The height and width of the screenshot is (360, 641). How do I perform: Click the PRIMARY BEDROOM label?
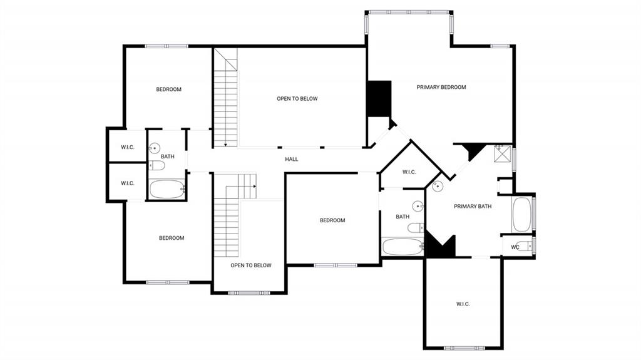point(441,87)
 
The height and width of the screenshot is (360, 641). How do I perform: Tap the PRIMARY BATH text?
point(473,206)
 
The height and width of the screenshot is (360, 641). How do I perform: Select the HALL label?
point(292,159)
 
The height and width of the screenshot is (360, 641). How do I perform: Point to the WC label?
point(515,247)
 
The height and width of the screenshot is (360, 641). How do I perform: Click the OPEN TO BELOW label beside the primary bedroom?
point(297,98)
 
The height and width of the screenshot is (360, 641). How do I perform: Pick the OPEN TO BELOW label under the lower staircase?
point(251,265)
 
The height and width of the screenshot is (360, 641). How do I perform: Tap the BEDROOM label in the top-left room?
point(168,90)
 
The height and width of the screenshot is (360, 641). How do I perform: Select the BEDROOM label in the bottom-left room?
point(172,238)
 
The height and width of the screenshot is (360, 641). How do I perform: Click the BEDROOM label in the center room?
point(332,220)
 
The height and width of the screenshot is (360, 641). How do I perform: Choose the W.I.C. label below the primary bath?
point(463,304)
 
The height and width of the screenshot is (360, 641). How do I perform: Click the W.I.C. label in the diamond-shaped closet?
point(409,172)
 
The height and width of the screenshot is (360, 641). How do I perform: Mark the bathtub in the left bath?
point(167,189)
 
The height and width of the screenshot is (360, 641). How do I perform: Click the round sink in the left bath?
point(155,148)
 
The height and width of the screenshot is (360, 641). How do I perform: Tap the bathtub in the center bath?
point(403,247)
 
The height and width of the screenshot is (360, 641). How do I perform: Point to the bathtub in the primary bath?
point(522,215)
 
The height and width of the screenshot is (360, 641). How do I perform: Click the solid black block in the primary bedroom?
point(379,98)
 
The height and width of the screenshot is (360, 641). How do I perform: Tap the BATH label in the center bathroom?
point(403,217)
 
